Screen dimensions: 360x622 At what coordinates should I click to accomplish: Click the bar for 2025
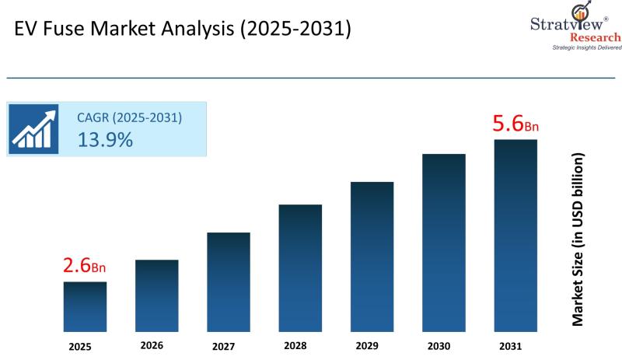[x=85, y=306]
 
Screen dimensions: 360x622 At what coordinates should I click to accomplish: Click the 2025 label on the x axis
[x=85, y=345]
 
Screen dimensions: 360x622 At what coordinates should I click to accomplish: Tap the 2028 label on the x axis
[x=300, y=345]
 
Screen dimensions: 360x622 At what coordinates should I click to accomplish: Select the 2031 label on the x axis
[x=515, y=345]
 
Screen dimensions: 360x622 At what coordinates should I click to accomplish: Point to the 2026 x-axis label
[x=156, y=345]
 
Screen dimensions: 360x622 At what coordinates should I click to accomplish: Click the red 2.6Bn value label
[x=84, y=266]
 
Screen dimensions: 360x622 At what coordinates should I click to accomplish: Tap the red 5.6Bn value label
[x=515, y=124]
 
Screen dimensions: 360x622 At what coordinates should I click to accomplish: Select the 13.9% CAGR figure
[x=105, y=140]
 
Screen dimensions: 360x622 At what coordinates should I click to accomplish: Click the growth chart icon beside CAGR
[x=33, y=128]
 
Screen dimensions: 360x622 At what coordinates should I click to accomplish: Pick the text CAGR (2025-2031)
[x=129, y=118]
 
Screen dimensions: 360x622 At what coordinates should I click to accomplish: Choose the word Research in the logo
[x=596, y=37]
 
